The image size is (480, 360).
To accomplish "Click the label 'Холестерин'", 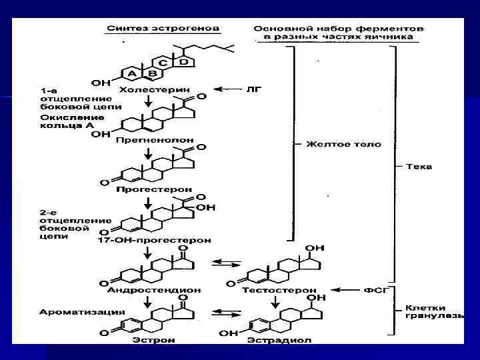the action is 154,89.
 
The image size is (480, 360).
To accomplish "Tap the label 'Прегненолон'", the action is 154,141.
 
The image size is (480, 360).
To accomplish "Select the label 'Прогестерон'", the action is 154,189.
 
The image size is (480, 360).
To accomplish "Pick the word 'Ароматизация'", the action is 73,311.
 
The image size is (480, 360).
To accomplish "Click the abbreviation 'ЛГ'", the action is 254,88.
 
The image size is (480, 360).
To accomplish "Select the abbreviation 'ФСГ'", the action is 375,290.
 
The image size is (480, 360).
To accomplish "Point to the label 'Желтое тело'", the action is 343,144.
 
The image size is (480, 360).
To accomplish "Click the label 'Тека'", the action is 420,166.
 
